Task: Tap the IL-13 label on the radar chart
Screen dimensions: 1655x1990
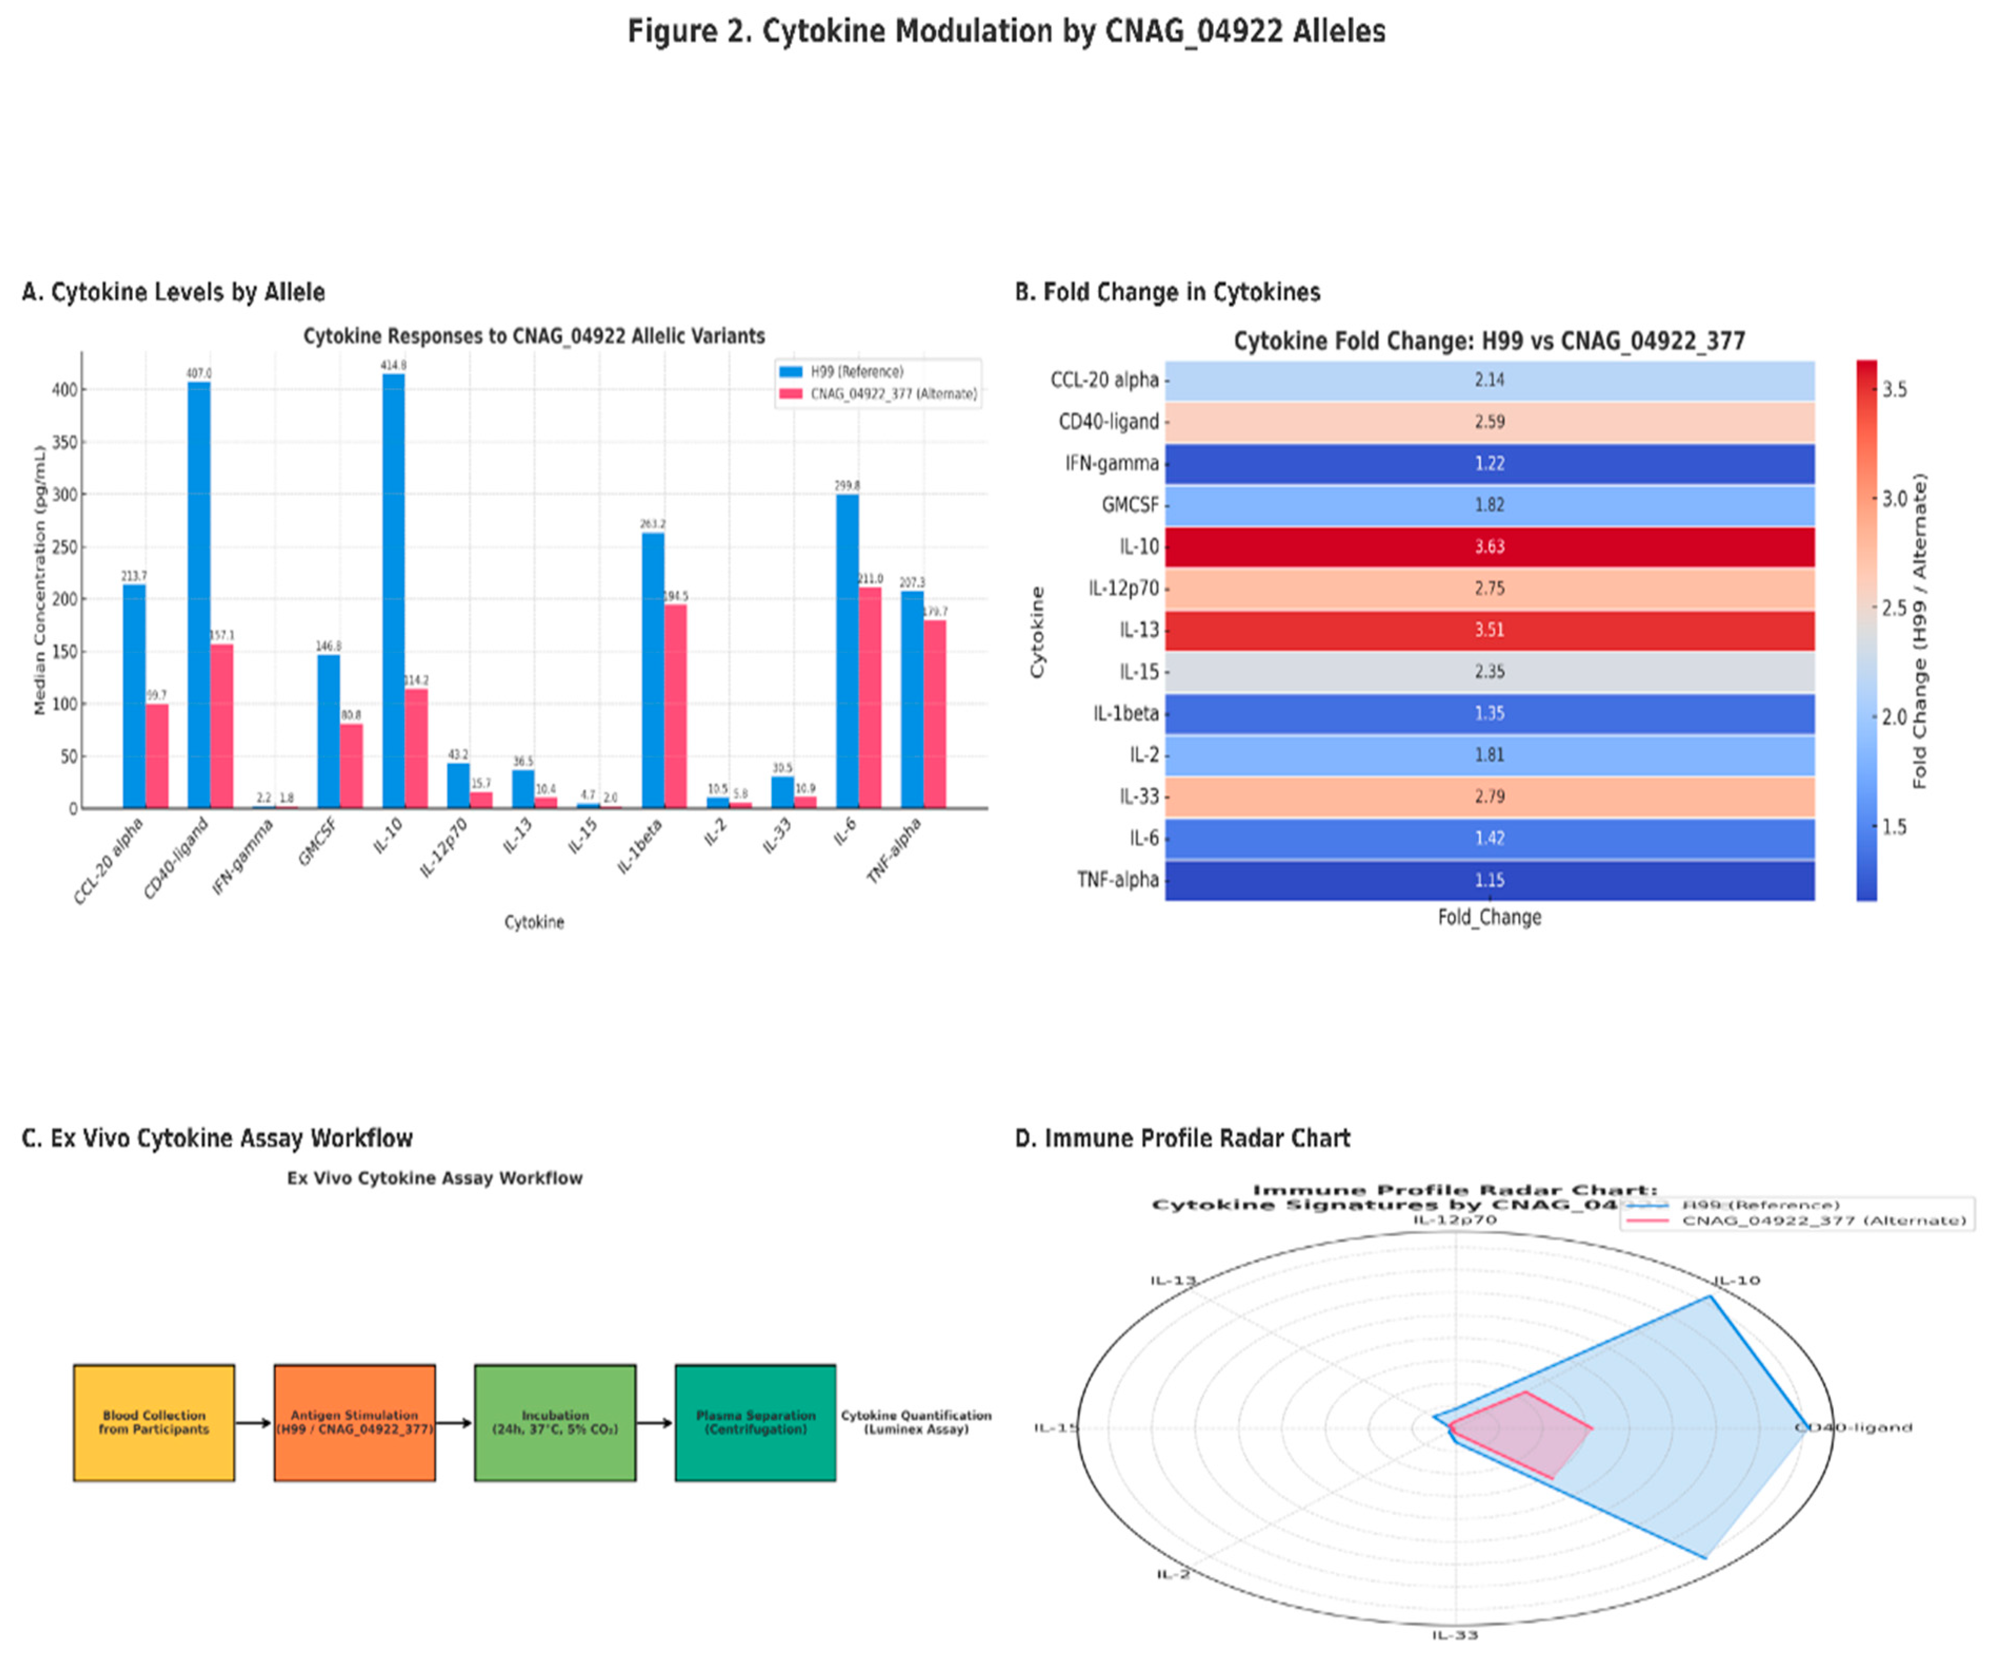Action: pos(1173,1281)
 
